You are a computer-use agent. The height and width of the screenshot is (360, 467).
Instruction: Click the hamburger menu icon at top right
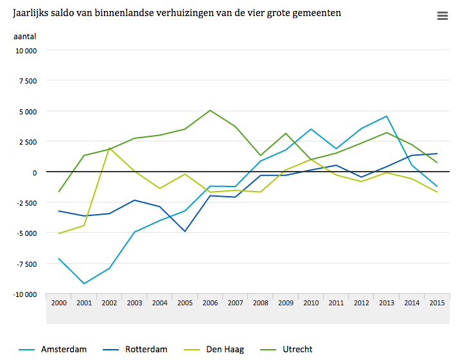pyautogui.click(x=442, y=16)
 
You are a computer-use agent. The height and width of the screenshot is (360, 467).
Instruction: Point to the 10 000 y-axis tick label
pyautogui.click(x=26, y=51)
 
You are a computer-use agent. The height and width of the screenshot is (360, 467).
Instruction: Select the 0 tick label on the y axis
pyautogui.click(x=34, y=172)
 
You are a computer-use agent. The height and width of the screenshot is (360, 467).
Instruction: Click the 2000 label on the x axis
pyautogui.click(x=59, y=303)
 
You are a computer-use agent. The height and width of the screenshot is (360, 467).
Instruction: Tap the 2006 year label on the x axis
pyautogui.click(x=210, y=303)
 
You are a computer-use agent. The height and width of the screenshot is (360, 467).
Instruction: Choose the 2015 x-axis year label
pyautogui.click(x=437, y=303)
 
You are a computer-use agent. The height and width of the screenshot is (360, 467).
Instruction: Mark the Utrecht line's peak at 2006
pyautogui.click(x=210, y=110)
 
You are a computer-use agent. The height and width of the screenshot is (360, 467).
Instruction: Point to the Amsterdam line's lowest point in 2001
pyautogui.click(x=84, y=283)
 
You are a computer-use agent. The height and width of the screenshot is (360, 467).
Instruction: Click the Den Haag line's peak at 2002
pyautogui.click(x=109, y=148)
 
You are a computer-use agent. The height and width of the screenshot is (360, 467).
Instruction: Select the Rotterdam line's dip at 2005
pyautogui.click(x=185, y=231)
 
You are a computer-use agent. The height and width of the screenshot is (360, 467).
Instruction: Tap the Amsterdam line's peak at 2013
pyautogui.click(x=387, y=116)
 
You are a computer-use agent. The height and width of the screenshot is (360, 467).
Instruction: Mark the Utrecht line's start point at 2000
pyautogui.click(x=59, y=192)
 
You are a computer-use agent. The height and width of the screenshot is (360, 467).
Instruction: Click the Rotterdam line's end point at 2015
pyautogui.click(x=437, y=154)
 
